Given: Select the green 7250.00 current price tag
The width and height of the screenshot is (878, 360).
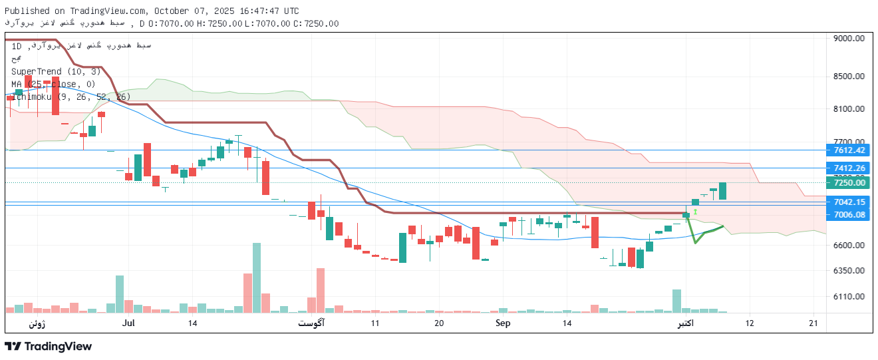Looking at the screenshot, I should tap(850, 183).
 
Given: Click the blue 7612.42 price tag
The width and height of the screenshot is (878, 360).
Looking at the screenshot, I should tap(850, 150).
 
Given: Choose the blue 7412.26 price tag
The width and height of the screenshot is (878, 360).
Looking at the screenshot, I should tap(850, 168).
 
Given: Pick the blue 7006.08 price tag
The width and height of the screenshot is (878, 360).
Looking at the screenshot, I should tap(850, 214).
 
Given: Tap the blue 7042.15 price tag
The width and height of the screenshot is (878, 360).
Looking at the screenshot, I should tap(850, 202).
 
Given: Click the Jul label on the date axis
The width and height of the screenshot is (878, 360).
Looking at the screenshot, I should tap(129, 323).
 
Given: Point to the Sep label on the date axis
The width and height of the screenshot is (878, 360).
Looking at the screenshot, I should tap(503, 323).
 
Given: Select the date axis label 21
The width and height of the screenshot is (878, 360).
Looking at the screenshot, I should tap(813, 323).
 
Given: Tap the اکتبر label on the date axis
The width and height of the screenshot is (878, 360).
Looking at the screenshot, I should tap(685, 323).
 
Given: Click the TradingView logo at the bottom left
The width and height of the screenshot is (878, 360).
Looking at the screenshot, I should tap(48, 346).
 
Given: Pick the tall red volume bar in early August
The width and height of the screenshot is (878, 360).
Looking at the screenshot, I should tap(321, 290).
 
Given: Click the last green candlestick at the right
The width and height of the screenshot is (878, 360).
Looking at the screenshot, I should tap(722, 191).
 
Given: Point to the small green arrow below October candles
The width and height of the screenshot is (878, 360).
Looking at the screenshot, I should tap(695, 212).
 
